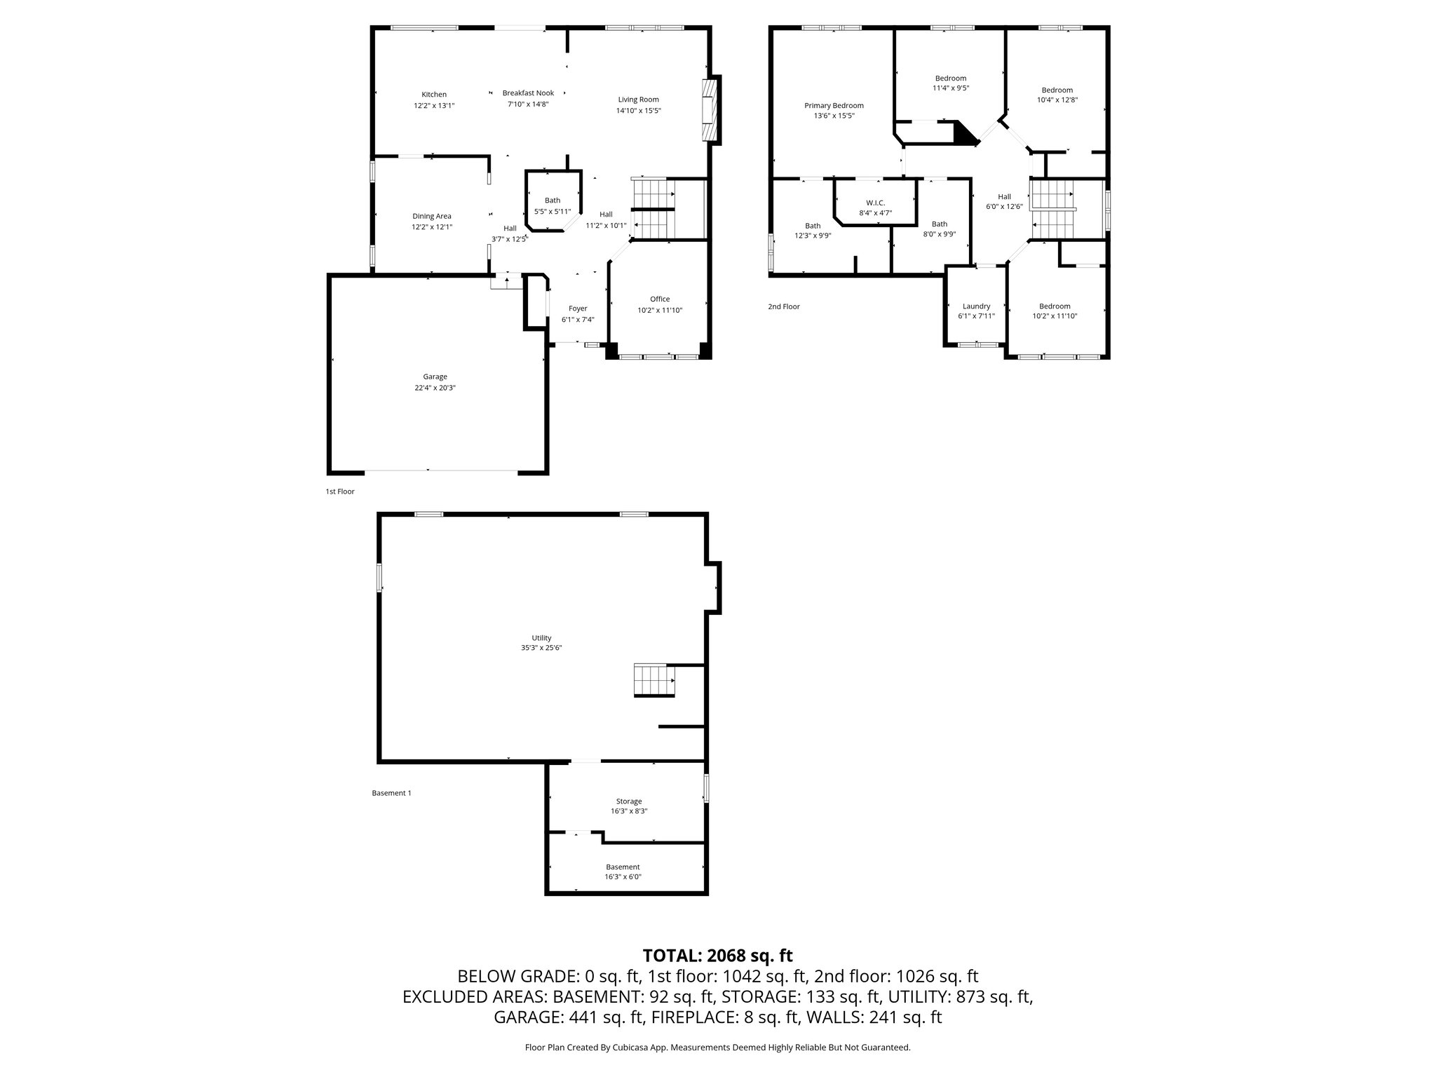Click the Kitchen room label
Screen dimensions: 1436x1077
(434, 95)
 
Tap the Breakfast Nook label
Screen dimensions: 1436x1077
(528, 93)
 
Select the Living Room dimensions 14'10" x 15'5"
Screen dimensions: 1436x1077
(639, 111)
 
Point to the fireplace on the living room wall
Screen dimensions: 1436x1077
(711, 109)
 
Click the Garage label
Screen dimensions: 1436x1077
(435, 377)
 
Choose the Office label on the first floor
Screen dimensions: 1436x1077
(660, 299)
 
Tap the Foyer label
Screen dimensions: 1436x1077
(578, 309)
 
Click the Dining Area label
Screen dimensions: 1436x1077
(432, 217)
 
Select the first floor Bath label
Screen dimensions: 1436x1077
(553, 201)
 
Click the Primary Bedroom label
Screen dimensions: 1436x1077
(834, 106)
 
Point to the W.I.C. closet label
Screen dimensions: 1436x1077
(876, 203)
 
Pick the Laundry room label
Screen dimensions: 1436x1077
(976, 306)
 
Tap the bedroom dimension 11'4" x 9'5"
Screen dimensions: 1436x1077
(951, 88)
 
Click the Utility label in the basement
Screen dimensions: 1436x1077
(541, 638)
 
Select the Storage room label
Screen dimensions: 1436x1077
(629, 801)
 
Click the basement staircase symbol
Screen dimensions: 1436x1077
(654, 680)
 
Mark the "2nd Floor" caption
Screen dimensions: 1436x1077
(784, 306)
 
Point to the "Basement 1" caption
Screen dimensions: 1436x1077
(391, 793)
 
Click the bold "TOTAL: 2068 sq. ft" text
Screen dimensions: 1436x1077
(717, 955)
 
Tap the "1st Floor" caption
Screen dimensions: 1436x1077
(340, 492)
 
